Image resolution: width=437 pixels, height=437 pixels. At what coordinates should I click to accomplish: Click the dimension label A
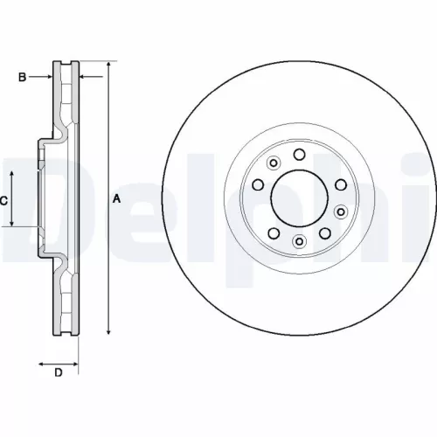(116, 199)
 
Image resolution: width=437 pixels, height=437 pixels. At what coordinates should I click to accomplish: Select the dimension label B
(23, 78)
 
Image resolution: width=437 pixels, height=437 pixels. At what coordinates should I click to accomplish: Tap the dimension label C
(4, 201)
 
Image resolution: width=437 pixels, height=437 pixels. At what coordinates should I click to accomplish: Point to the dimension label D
(59, 374)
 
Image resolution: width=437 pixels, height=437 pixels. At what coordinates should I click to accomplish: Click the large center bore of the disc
(299, 198)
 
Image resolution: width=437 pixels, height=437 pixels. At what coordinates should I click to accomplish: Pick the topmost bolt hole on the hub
(299, 155)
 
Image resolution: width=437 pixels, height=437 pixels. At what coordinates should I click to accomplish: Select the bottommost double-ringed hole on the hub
(299, 241)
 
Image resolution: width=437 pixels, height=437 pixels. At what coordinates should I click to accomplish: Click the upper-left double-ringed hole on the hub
(273, 163)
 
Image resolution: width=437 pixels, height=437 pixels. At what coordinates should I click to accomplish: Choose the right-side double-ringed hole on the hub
(340, 184)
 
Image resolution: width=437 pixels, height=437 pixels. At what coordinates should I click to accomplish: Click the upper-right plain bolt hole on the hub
(325, 163)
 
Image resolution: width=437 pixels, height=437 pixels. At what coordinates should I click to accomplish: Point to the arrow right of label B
(48, 78)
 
